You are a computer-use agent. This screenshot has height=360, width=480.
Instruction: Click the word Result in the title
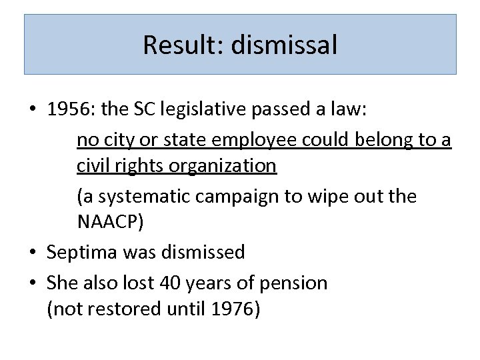click(x=175, y=45)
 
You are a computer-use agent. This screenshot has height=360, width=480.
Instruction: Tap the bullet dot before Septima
click(x=32, y=253)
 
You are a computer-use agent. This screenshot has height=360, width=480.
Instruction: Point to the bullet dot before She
click(x=32, y=283)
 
